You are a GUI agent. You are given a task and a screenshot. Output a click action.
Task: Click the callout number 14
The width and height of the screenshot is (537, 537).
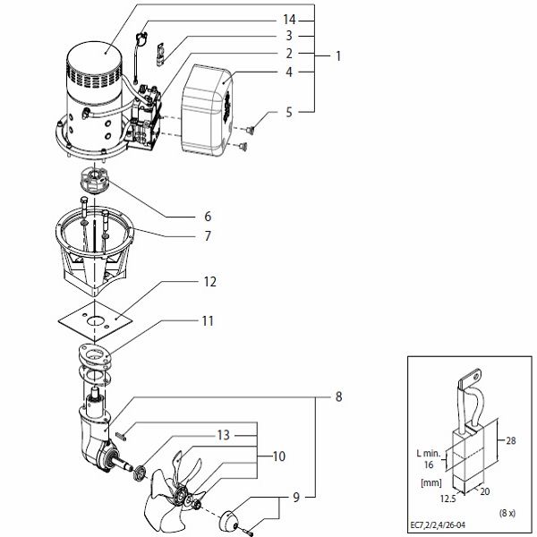288,19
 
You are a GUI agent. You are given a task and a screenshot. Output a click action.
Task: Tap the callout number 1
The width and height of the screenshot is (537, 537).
337,56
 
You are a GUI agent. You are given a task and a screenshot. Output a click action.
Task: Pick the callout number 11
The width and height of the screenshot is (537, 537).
208,319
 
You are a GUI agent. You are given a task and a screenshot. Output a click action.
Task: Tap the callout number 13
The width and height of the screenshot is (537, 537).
222,434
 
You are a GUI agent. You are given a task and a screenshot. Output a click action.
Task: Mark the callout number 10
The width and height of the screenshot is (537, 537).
278,456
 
